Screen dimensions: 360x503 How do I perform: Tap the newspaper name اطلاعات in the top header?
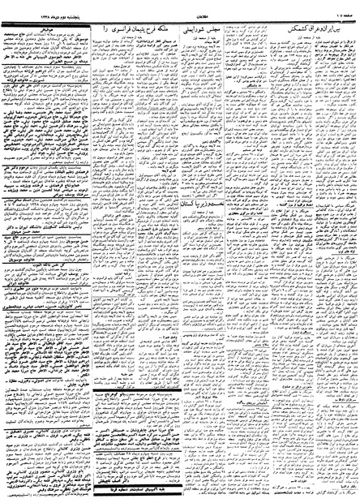pyautogui.click(x=180, y=10)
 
